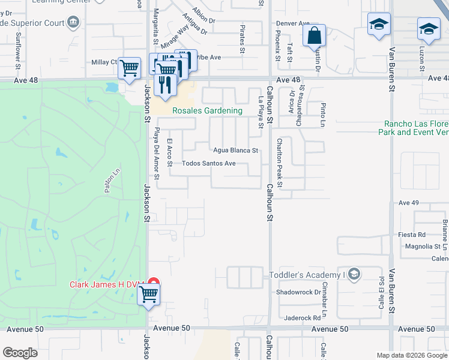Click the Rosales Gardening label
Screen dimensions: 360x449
tap(207, 110)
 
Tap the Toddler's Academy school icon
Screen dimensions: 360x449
tap(354, 275)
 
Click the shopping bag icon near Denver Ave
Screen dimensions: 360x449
tap(315, 35)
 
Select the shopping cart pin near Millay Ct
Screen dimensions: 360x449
tap(129, 68)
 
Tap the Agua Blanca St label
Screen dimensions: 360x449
tap(235, 151)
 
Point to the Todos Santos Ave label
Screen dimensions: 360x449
tap(208, 163)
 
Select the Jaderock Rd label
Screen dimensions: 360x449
tap(303, 317)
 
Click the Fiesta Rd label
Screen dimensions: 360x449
tap(412, 235)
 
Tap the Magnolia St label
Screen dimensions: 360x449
tap(419, 246)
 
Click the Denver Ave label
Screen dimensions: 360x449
tap(292, 24)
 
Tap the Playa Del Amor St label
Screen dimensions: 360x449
tap(157, 154)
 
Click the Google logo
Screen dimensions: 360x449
tap(20, 353)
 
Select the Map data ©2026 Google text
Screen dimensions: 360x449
tap(412, 355)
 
